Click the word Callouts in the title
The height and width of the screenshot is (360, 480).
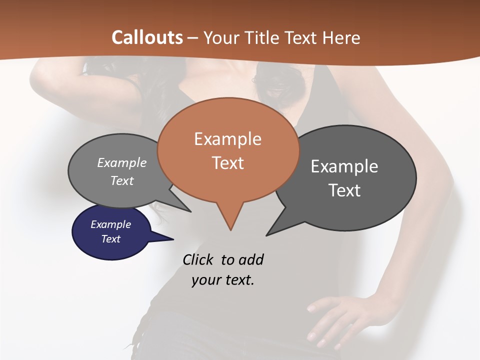(147, 37)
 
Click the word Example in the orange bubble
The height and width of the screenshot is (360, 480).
(227, 139)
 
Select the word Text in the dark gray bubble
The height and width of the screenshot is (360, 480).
(344, 190)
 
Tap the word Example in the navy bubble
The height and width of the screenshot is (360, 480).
(110, 224)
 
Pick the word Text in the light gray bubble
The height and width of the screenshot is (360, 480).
(122, 180)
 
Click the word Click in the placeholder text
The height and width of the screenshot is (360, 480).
(198, 259)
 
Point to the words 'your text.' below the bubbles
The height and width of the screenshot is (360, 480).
(223, 280)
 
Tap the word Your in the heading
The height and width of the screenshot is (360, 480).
(223, 37)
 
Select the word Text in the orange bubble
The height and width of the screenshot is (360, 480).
(228, 163)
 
